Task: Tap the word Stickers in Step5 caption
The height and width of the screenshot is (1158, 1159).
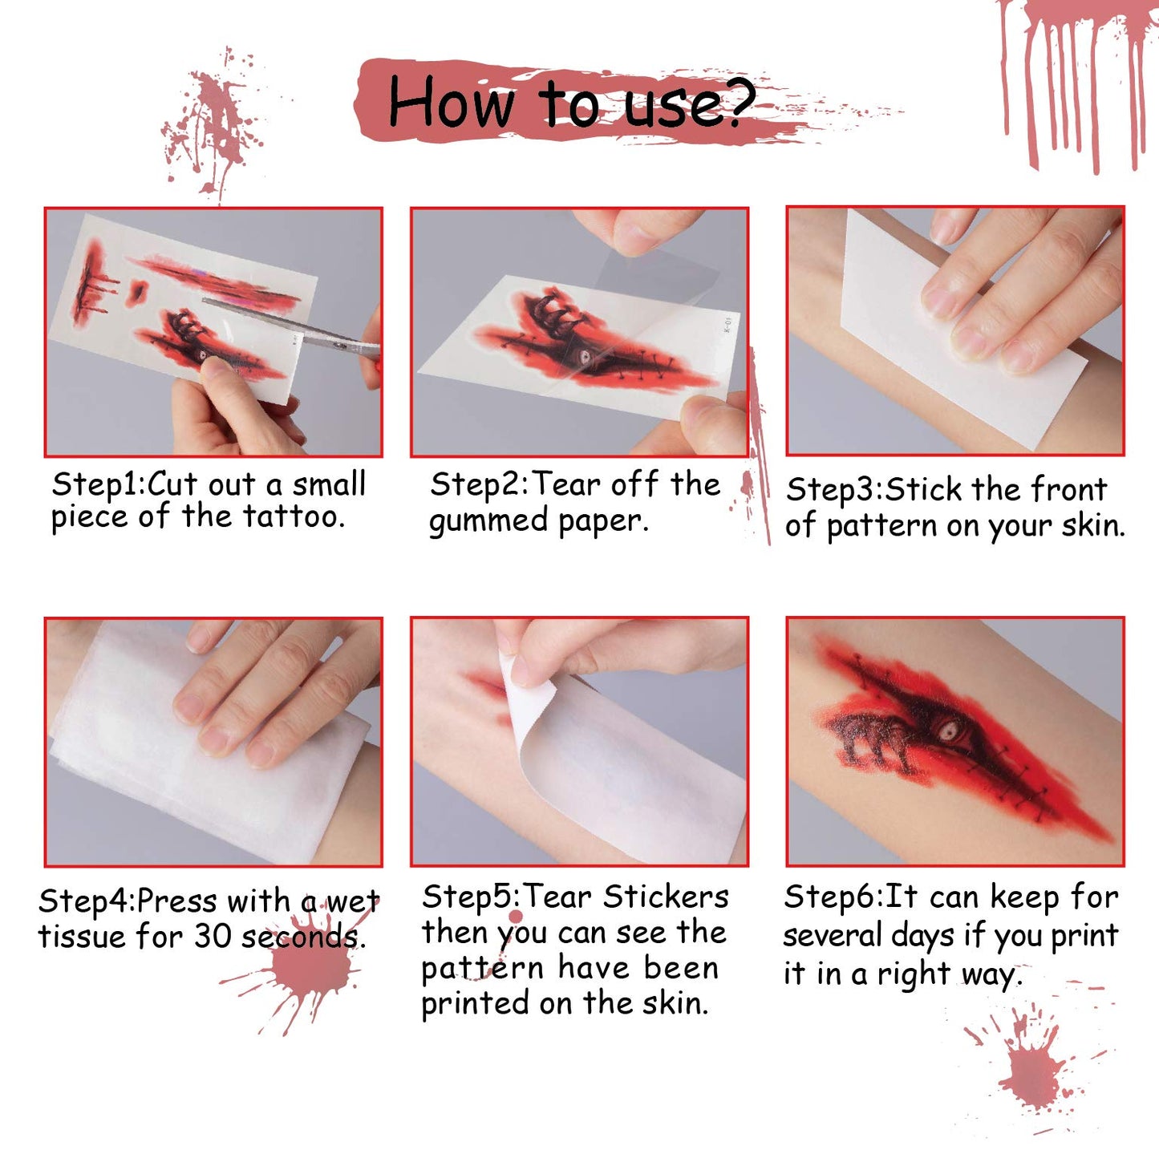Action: click(x=666, y=897)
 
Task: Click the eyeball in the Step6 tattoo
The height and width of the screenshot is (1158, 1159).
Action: click(x=949, y=731)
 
